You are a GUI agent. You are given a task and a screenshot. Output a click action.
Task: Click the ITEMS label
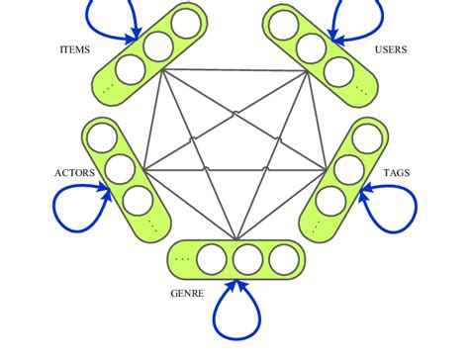point(78,48)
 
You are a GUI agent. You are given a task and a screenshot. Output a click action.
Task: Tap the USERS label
point(391,48)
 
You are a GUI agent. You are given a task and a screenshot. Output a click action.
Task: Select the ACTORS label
point(74,174)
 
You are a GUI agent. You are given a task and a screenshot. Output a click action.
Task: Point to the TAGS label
point(397,174)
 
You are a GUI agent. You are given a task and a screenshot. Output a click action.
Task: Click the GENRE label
point(189,293)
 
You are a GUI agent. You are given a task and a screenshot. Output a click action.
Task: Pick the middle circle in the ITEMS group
point(156,45)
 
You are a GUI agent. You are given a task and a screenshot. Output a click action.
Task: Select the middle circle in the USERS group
point(312,45)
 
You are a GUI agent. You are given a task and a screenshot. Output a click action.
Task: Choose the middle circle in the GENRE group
point(247,259)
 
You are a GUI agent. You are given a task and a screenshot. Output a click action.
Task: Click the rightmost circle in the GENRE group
point(282,259)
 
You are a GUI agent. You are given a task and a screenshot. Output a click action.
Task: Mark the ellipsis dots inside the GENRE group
point(182,259)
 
